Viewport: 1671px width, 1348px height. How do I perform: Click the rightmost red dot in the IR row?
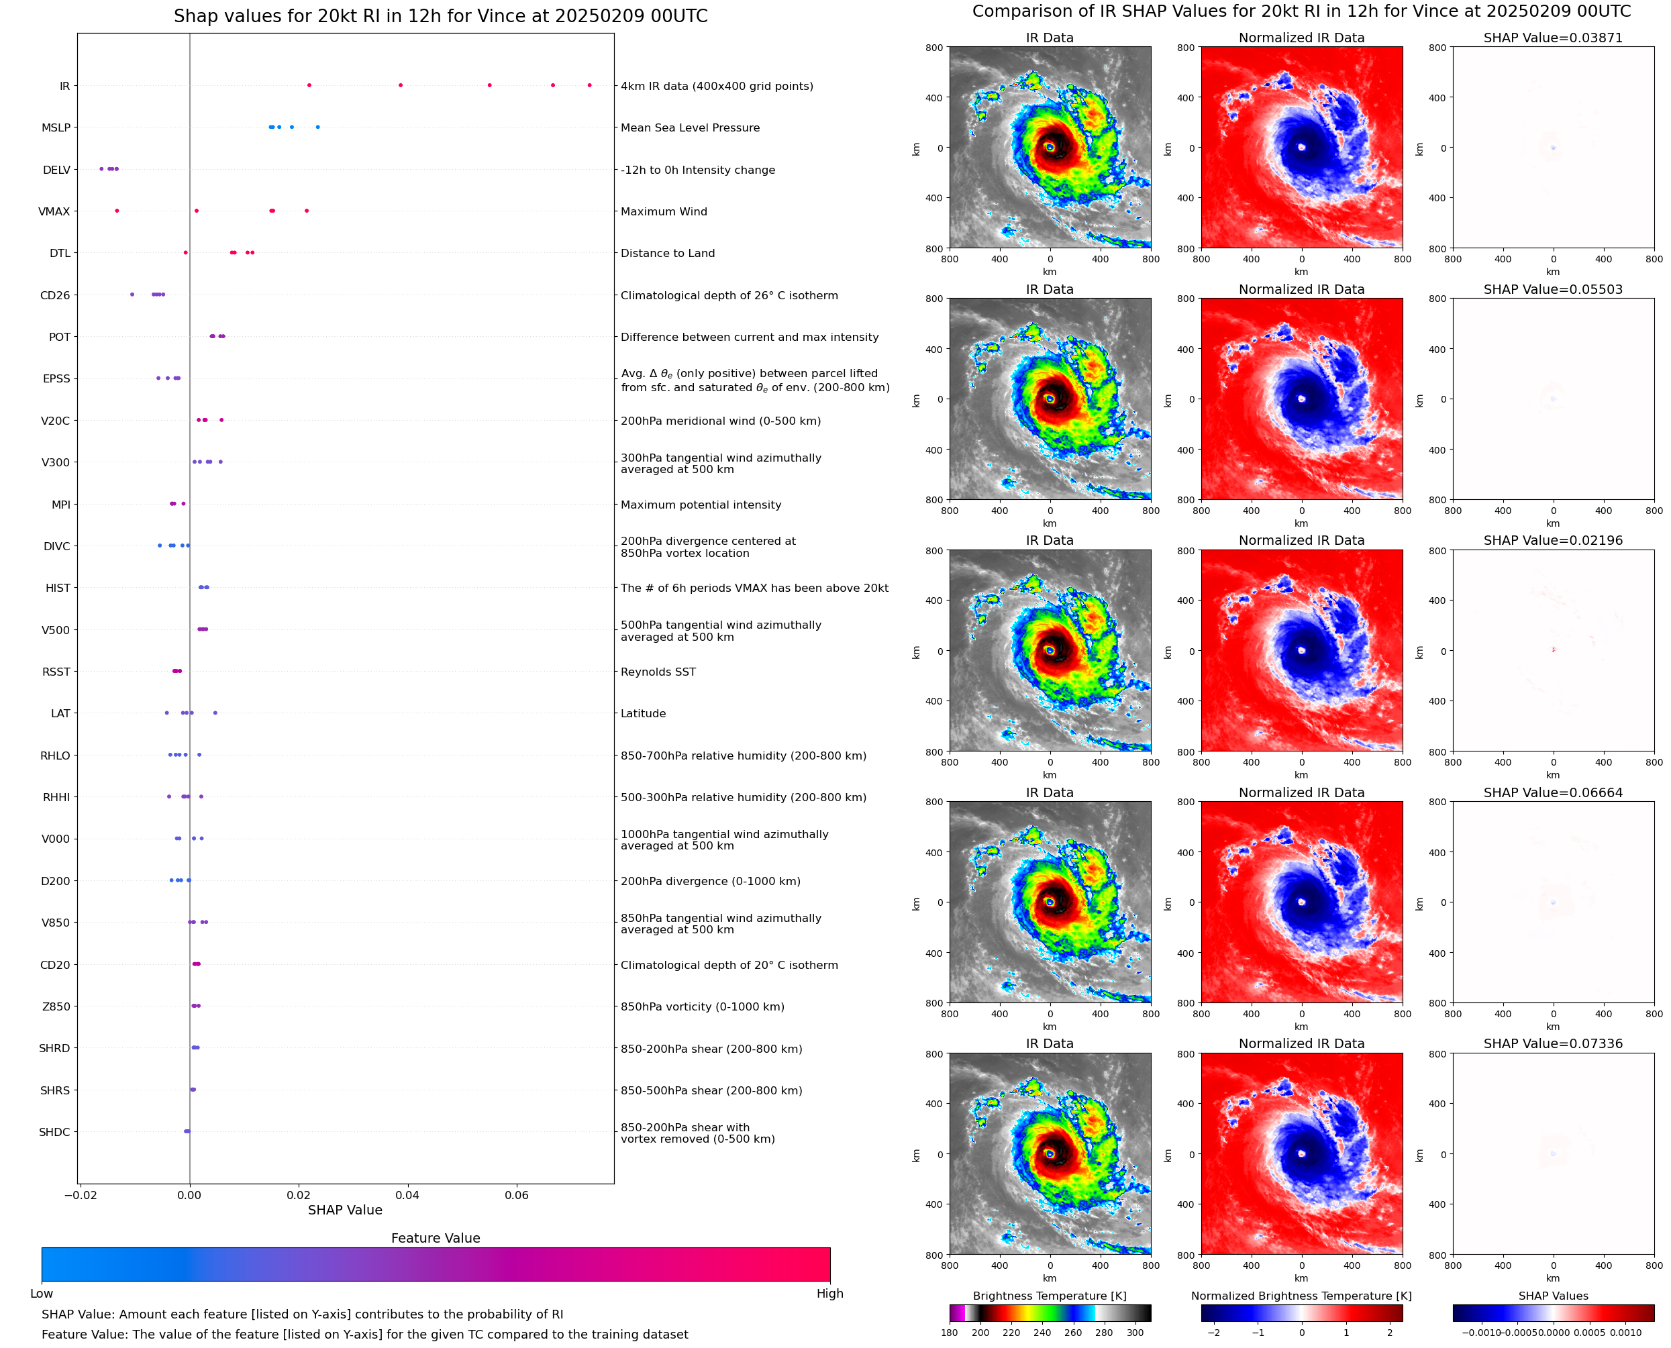click(x=589, y=85)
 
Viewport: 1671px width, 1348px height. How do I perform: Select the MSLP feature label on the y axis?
click(x=56, y=128)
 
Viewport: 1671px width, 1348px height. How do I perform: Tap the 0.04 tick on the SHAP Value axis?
click(x=407, y=1195)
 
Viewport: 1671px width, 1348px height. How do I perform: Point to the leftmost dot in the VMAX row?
click(x=117, y=211)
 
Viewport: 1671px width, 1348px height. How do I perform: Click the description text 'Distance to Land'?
click(x=667, y=253)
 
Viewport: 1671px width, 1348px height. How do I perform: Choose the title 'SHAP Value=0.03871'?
click(x=1552, y=38)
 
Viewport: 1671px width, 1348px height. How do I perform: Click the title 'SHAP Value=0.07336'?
click(x=1552, y=1043)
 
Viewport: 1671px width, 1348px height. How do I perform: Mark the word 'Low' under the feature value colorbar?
click(x=42, y=1294)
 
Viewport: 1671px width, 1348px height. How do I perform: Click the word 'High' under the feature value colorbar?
click(x=829, y=1294)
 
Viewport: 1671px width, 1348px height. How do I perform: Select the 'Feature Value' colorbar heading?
click(x=436, y=1239)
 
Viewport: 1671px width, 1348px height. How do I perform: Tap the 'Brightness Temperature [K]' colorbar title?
click(x=1049, y=1296)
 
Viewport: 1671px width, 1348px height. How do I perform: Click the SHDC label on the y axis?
click(x=54, y=1132)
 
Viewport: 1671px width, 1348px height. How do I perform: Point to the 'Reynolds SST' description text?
click(x=658, y=672)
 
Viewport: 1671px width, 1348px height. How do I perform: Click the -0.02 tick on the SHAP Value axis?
click(x=80, y=1195)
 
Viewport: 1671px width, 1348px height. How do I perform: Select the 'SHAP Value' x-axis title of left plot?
click(x=345, y=1210)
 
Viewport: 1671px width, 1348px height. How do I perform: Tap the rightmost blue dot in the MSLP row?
click(x=317, y=127)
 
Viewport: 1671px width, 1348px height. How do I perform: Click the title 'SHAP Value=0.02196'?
click(x=1552, y=540)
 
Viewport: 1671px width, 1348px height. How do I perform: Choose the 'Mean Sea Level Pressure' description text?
click(x=689, y=128)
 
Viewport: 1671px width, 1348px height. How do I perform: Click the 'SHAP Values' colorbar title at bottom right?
click(x=1552, y=1296)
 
